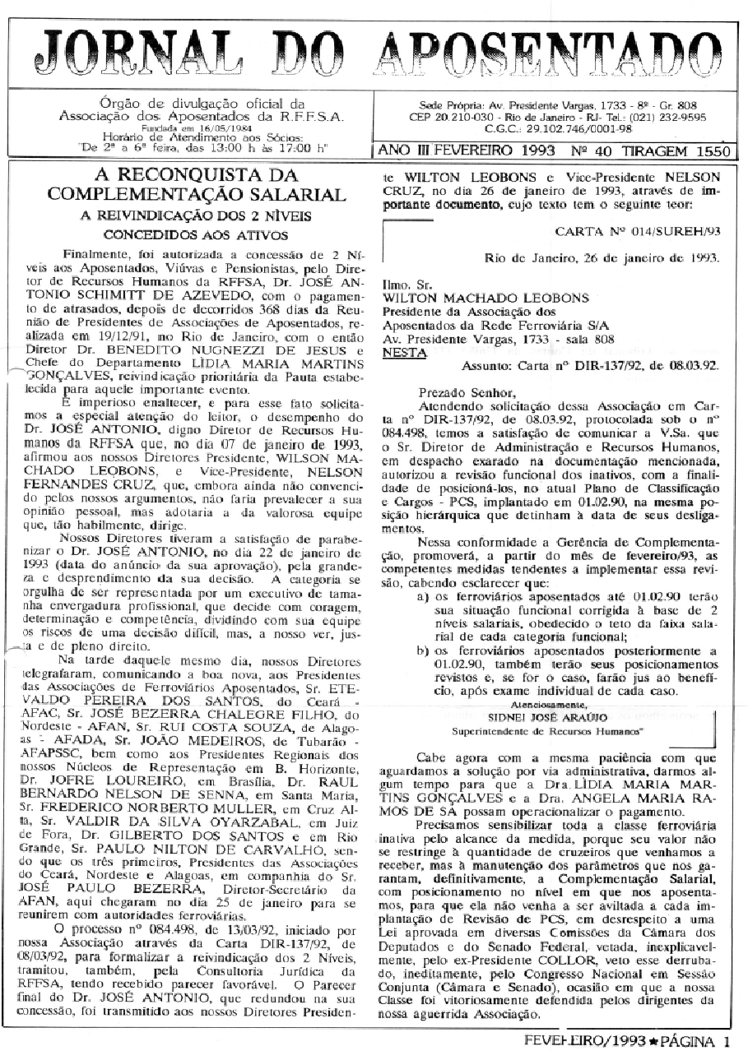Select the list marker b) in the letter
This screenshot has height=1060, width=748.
pyautogui.click(x=422, y=651)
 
